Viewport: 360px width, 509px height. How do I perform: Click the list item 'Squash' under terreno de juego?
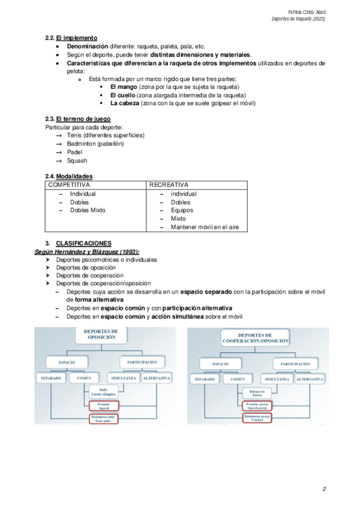[77, 160]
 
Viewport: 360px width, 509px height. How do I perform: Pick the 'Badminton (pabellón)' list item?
[95, 143]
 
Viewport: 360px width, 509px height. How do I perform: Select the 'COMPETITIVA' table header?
[68, 185]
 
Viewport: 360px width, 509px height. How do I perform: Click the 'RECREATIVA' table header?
[169, 185]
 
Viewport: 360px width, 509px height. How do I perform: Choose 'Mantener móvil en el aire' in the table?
[205, 227]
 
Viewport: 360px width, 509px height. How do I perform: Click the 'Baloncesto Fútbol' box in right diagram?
[256, 394]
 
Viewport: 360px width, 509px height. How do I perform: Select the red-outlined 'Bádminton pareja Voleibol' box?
[256, 418]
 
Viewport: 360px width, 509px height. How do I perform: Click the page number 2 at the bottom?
[324, 489]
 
